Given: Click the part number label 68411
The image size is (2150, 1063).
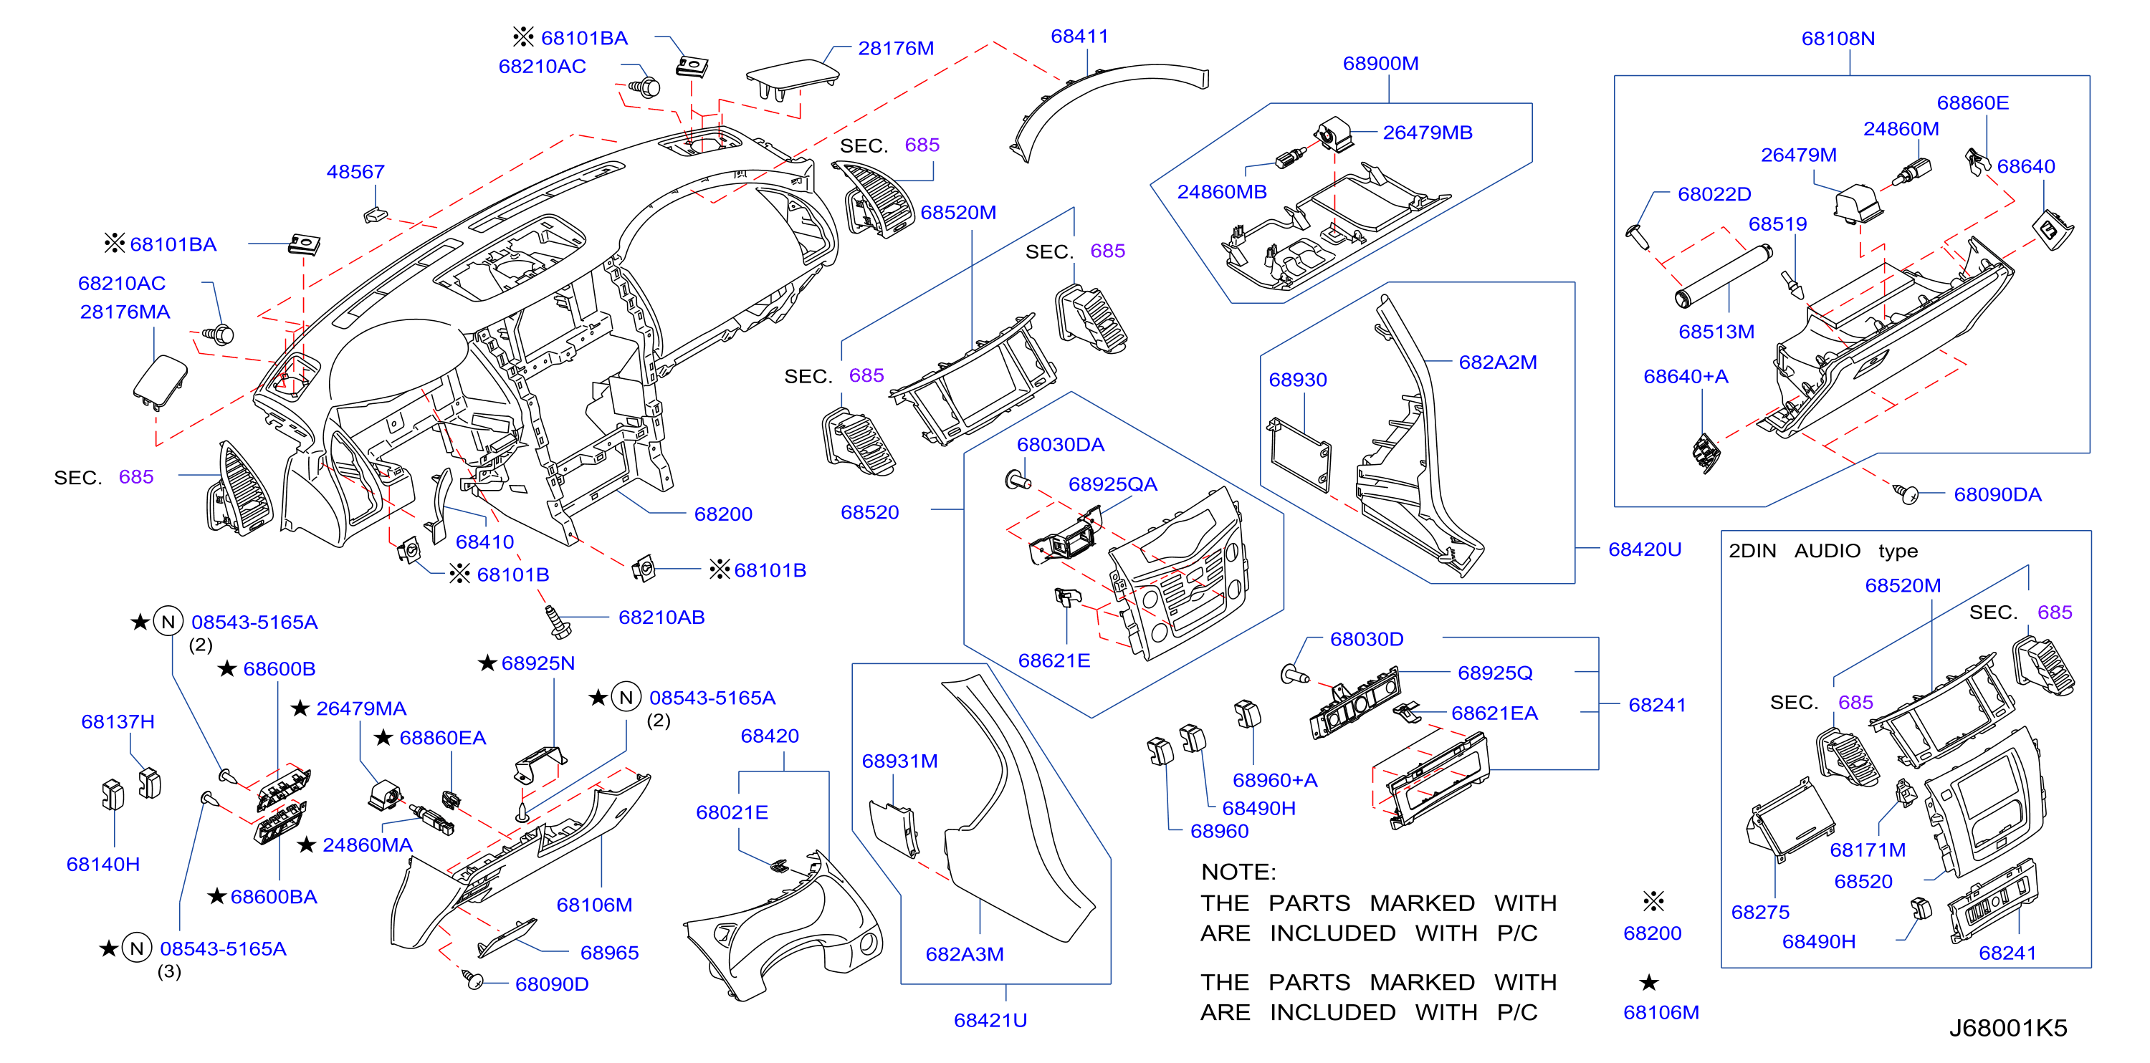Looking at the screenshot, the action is point(1079,37).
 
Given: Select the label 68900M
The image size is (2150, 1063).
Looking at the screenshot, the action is point(1380,64).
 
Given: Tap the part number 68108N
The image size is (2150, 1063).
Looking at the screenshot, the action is point(1838,39).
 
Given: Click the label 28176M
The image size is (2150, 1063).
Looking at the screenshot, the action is point(896,49).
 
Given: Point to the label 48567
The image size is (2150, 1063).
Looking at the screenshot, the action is point(355,172).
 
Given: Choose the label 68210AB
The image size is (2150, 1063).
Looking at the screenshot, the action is point(661,617).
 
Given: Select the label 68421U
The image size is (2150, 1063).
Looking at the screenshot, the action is point(990,1021).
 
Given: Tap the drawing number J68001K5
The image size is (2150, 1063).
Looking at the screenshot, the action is point(2008,1028).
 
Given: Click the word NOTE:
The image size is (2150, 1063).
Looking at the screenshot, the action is point(1238,872).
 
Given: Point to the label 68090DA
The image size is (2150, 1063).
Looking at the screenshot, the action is point(1997,495).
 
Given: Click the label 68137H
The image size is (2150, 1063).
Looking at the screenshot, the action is point(118,722).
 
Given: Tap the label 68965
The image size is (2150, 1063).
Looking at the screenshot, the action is point(609,953).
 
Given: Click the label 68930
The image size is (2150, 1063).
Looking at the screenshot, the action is point(1298,380).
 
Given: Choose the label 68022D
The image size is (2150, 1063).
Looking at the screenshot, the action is point(1714,194).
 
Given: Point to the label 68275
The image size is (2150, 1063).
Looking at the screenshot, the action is point(1760,913).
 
